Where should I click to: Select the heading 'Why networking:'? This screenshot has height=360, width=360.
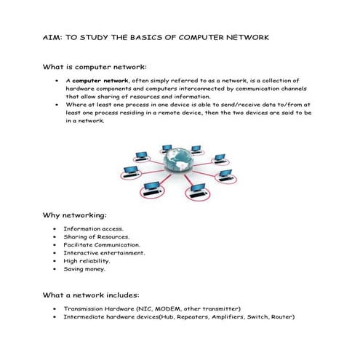(x=75, y=215)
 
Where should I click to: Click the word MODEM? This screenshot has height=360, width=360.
(x=172, y=309)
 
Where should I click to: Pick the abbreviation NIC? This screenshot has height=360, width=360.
(x=148, y=309)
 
